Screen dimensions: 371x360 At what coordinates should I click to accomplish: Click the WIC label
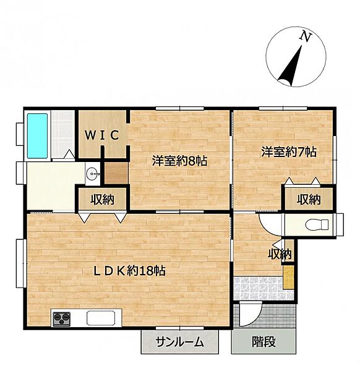click(x=102, y=135)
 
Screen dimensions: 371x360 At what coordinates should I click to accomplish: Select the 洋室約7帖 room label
click(x=288, y=151)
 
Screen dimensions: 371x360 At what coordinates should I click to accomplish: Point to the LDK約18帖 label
click(x=128, y=270)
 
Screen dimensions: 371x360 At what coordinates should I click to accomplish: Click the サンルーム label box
click(x=179, y=341)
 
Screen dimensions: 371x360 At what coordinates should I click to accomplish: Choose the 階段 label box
click(x=262, y=341)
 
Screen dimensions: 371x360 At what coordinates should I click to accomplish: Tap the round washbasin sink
click(x=93, y=174)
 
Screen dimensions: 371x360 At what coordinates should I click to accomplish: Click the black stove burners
click(x=62, y=318)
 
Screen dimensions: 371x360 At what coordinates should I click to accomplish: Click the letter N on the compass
click(x=304, y=37)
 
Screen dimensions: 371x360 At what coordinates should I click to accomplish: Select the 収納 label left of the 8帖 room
click(x=103, y=199)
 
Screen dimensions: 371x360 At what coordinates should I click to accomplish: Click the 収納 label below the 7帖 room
click(x=308, y=199)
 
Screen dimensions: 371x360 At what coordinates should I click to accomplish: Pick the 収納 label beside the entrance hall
click(x=280, y=254)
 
